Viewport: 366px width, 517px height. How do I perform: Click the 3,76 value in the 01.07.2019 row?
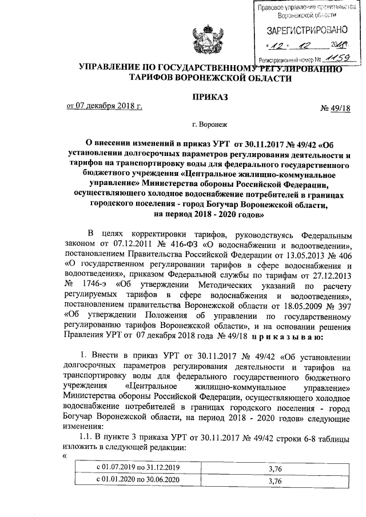[276, 468]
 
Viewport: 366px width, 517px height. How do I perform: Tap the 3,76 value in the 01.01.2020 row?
[276, 480]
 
